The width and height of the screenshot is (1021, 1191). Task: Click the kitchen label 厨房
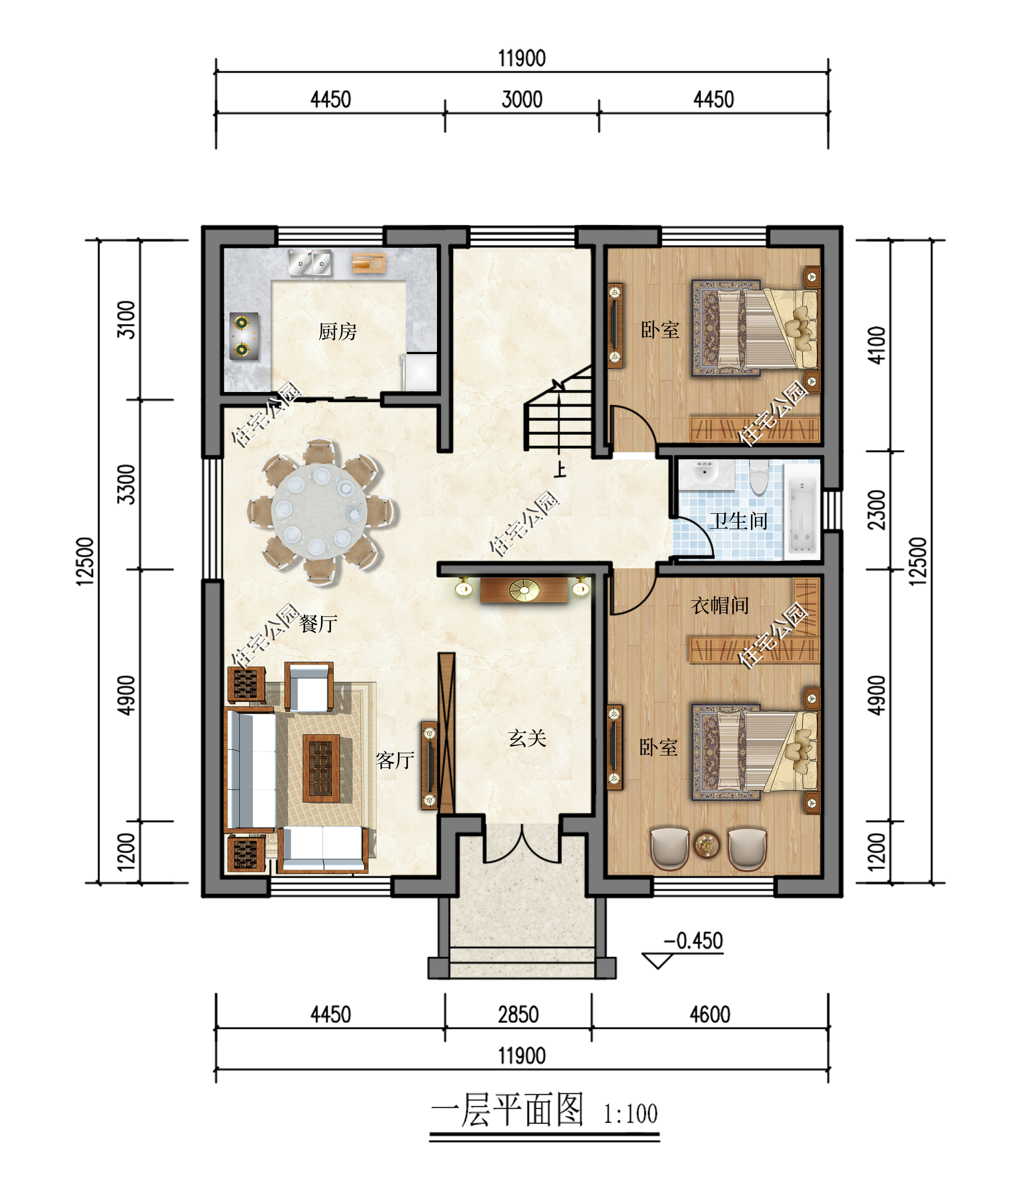[338, 332]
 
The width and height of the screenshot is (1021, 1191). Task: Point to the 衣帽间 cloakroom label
[720, 605]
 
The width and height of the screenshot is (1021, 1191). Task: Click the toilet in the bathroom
[759, 476]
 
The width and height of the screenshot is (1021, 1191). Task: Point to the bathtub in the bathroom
[802, 515]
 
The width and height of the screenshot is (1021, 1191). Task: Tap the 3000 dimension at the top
[522, 99]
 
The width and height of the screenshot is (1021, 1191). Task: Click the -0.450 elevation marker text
[693, 941]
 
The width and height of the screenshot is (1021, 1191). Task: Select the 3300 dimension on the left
[126, 485]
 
